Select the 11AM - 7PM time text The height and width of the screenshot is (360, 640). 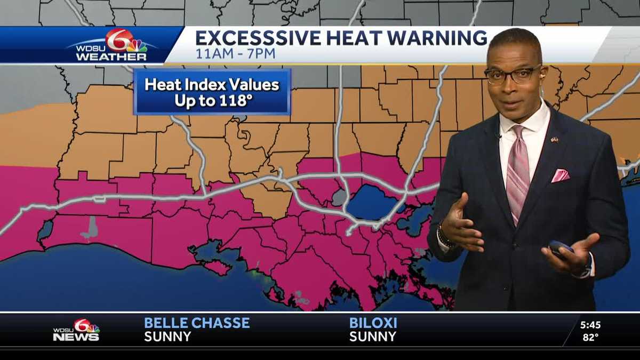[235, 53]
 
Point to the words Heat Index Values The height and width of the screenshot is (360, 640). [212, 85]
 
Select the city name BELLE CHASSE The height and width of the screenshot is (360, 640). [197, 323]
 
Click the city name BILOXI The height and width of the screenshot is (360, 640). [373, 323]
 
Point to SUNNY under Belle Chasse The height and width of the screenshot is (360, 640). [167, 337]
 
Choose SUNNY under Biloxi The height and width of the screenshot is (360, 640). [373, 337]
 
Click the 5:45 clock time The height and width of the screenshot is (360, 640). [590, 324]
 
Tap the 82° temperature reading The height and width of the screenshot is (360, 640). [590, 337]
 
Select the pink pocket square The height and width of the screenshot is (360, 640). [559, 175]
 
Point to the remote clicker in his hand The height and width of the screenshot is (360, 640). [560, 249]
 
